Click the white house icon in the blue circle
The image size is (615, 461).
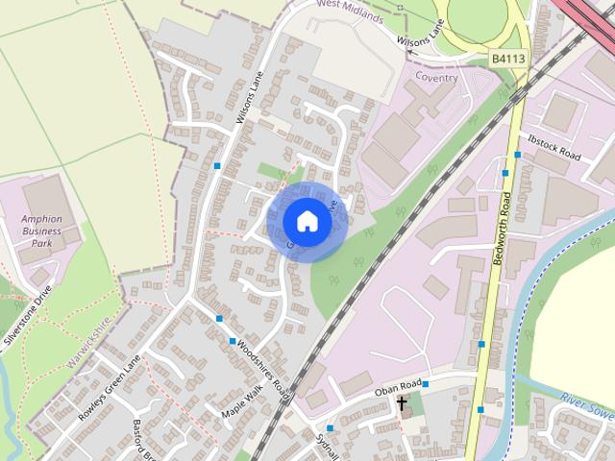307,222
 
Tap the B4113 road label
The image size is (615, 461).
508,59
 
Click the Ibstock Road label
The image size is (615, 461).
554,154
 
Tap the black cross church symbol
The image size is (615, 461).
402,403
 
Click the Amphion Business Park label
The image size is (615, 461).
41,230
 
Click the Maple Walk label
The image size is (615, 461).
241,400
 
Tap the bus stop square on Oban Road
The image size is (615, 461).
426,384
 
